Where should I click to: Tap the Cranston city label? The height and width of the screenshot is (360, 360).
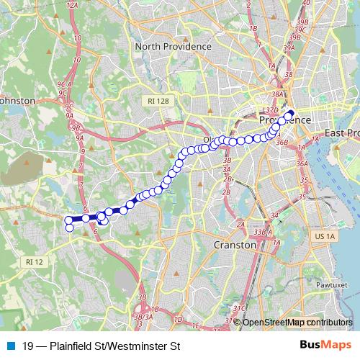point(235,245)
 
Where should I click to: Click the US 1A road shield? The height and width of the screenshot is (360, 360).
point(325,236)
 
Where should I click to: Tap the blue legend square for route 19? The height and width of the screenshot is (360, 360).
point(9,346)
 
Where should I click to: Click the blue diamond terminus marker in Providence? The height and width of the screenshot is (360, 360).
point(291,113)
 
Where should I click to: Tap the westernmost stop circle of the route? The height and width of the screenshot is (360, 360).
point(69,220)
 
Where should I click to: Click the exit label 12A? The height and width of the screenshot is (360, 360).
point(71,5)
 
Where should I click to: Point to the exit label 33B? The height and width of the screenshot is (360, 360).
point(259,233)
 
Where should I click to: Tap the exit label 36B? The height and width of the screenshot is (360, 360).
point(282,143)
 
